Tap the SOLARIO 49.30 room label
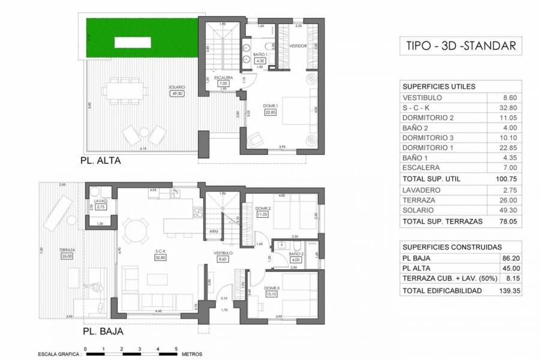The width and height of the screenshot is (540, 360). point(177,90)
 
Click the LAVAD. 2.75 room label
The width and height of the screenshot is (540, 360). point(100,204)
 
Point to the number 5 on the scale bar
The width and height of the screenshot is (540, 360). point(176,349)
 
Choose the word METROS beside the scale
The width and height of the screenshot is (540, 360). point(193,354)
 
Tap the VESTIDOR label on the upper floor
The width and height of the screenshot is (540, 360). point(298,46)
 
